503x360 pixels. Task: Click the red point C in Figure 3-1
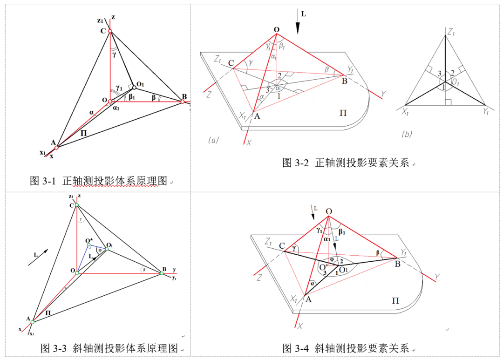[x=110, y=31]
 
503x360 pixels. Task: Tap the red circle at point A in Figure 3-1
[x=56, y=148]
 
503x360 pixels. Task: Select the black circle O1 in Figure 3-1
[x=134, y=87]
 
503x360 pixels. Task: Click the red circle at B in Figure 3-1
[x=183, y=102]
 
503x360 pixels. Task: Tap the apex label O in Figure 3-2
[x=276, y=30]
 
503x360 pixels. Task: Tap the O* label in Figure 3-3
[x=90, y=241]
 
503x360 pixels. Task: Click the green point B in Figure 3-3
[x=162, y=273]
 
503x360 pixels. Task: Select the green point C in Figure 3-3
[x=77, y=205]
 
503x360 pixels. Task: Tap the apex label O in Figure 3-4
[x=329, y=212]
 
